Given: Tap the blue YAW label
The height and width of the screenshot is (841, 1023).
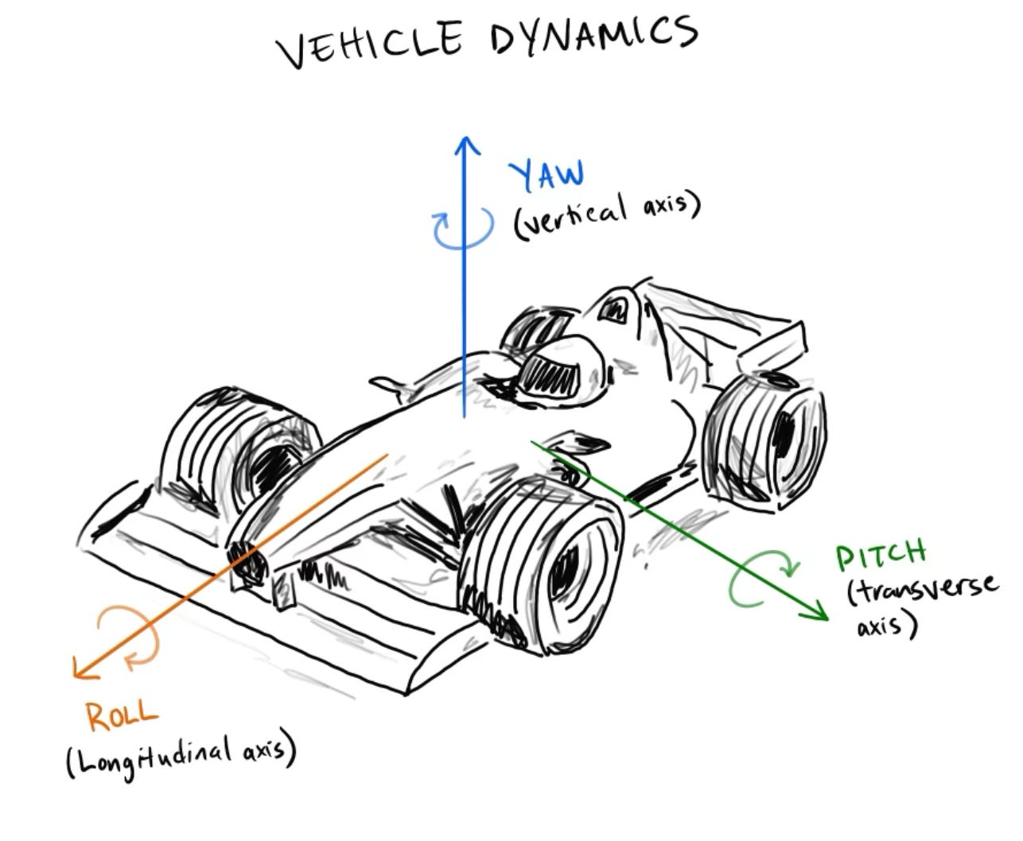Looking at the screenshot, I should pyautogui.click(x=547, y=174).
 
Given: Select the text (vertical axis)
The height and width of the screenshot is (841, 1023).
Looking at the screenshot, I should pyautogui.click(x=607, y=213).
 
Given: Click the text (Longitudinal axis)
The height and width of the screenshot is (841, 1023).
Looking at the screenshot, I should pyautogui.click(x=181, y=756).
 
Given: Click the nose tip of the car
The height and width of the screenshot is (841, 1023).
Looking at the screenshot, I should pyautogui.click(x=248, y=560).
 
